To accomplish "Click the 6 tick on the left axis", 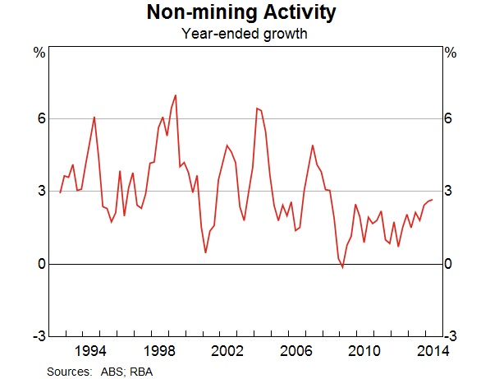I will tap(39, 119).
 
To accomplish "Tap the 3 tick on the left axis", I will tap(39, 192).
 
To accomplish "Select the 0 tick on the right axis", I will tap(449, 264).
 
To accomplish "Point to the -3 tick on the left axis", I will tap(36, 336).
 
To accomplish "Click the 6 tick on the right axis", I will tap(449, 119).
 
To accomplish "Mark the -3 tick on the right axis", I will tap(451, 336).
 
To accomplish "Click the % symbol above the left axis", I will tap(38, 53).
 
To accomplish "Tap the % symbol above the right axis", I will tap(450, 53).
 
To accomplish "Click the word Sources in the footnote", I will tap(69, 371).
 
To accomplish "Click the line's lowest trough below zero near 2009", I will tap(343, 267).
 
